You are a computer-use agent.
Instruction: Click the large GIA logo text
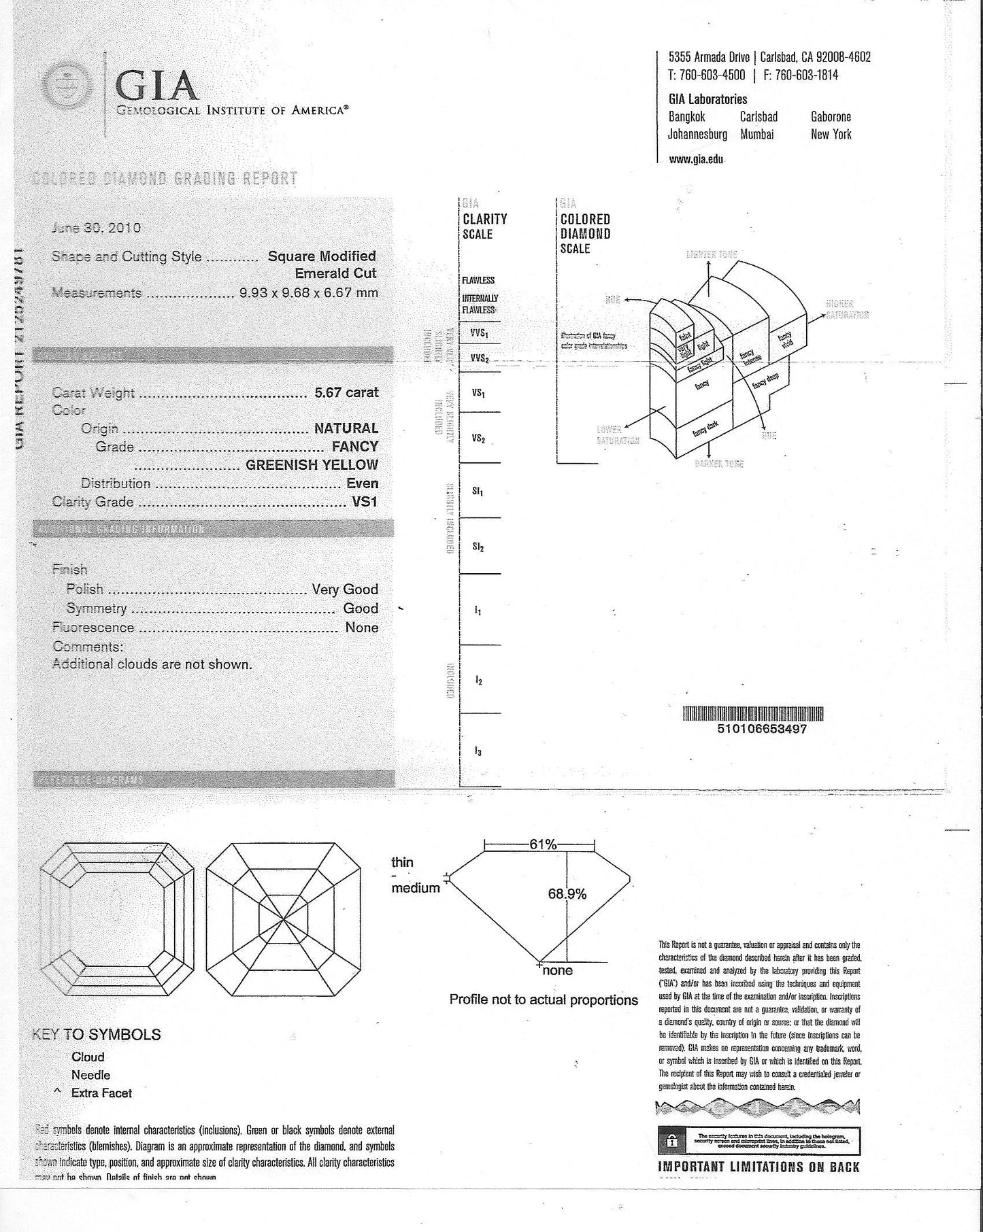click(156, 86)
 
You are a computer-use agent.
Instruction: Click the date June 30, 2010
click(96, 228)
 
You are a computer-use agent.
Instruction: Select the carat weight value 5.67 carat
click(346, 392)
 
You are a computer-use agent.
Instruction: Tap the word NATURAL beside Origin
click(346, 428)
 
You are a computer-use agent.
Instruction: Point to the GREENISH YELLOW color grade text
click(312, 465)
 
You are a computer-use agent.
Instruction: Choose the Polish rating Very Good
click(345, 589)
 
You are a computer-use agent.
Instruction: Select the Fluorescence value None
click(361, 628)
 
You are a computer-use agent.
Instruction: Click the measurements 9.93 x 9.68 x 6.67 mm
click(308, 293)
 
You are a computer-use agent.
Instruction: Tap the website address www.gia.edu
click(696, 159)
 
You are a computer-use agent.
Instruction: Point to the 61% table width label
click(543, 844)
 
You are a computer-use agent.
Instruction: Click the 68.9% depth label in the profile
click(567, 894)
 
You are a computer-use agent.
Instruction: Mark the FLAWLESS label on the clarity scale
click(478, 280)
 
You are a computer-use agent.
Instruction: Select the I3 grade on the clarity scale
click(478, 751)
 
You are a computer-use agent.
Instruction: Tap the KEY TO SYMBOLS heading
click(97, 1035)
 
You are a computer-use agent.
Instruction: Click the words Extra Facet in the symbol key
click(101, 1093)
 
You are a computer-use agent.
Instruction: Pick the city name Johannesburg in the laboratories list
click(697, 135)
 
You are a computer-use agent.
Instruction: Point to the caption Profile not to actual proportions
click(544, 1000)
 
